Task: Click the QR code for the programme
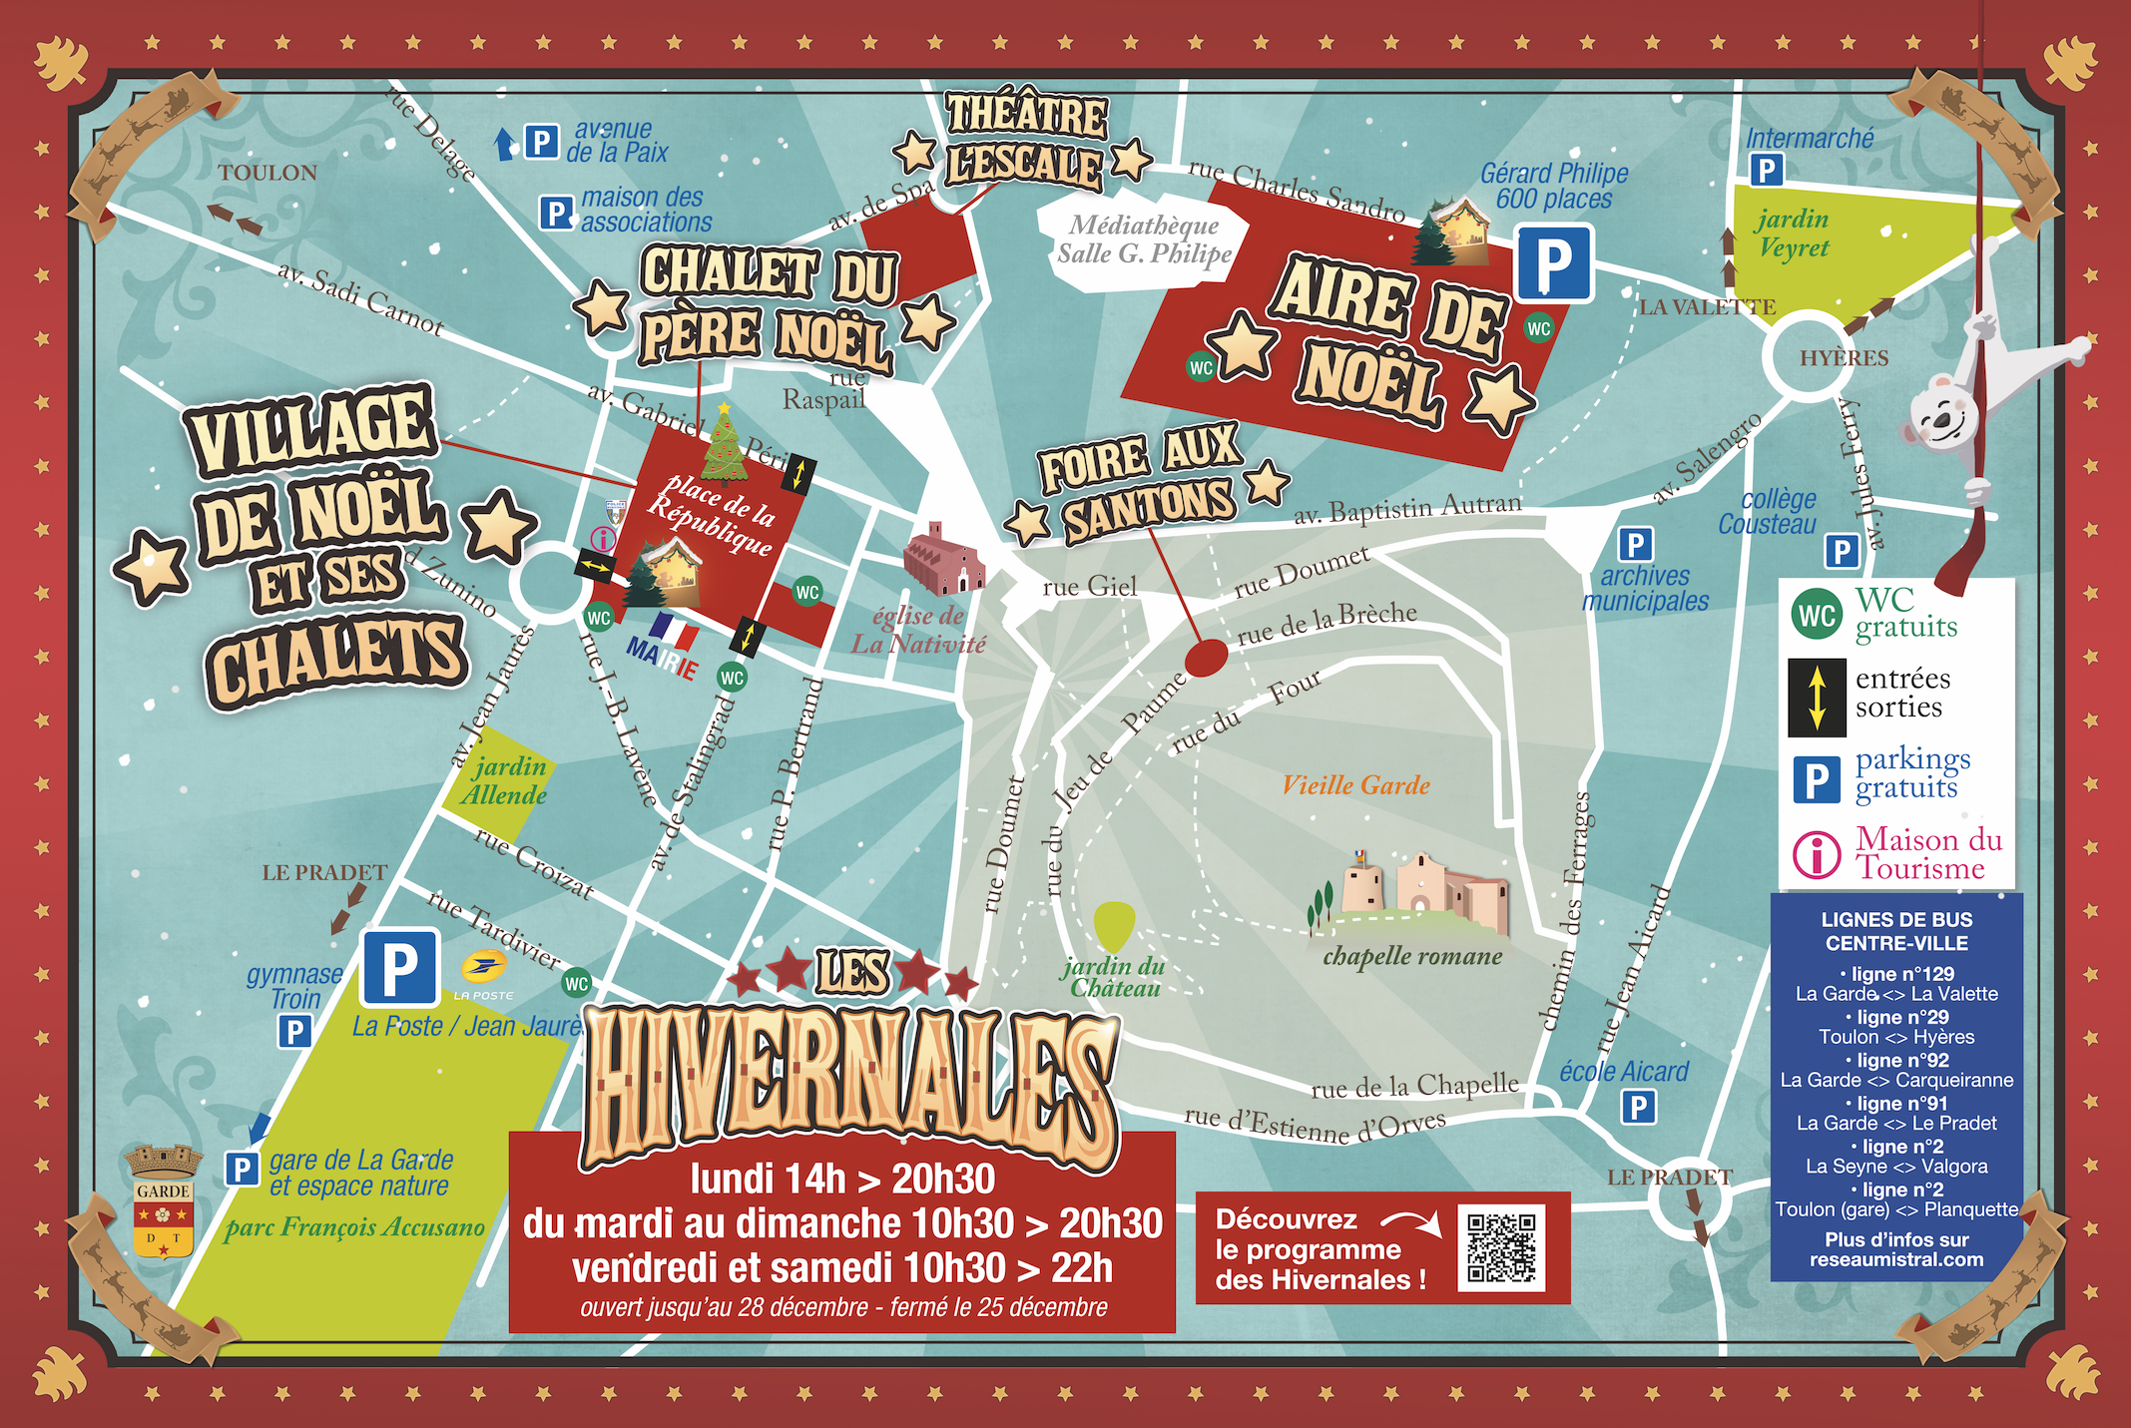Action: pos(1500,1247)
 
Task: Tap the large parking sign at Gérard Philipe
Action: pos(1553,263)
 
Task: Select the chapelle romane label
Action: pos(1412,956)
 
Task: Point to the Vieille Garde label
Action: pos(1355,785)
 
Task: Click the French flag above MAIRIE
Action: pos(674,632)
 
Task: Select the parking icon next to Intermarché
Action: pos(1766,170)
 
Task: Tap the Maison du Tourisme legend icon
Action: pos(1816,854)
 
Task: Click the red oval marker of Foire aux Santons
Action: pos(1206,657)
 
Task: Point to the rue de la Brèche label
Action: pos(1327,624)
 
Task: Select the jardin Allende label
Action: pos(505,781)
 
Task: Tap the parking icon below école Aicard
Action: pos(1638,1107)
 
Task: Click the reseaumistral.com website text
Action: pos(1895,1259)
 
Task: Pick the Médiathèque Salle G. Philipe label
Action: pos(1144,239)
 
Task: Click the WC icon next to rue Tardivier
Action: pos(577,983)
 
